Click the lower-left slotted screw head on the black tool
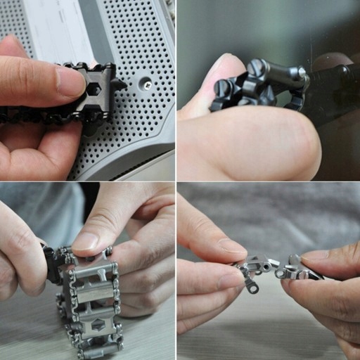click(x=223, y=90)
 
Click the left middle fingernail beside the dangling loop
click(x=229, y=280)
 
